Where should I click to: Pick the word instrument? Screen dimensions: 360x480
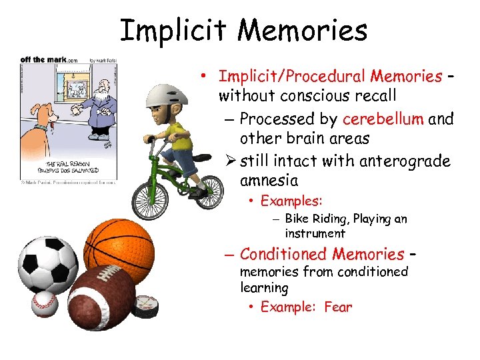pyautogui.click(x=315, y=233)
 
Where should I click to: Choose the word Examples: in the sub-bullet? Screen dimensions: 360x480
pyautogui.click(x=291, y=201)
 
